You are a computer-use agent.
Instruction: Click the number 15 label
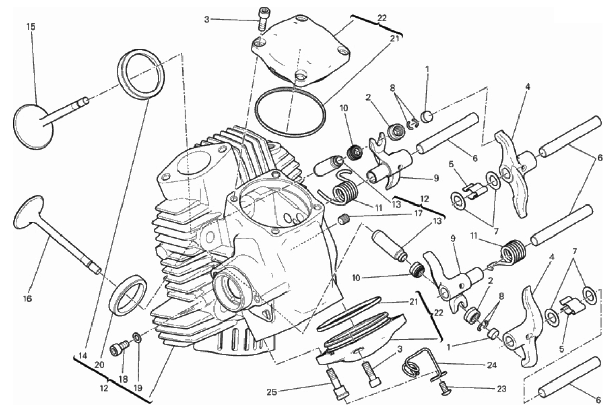coord(31,27)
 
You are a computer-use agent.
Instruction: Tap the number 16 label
coord(27,298)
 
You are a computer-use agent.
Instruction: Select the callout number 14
coord(83,356)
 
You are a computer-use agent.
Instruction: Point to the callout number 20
coord(99,365)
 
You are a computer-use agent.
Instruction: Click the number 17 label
coord(418,213)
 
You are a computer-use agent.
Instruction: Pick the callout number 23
coord(501,389)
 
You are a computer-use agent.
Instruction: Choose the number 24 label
coord(492,365)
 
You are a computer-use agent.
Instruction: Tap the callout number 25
coord(272,392)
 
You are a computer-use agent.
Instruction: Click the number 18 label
coord(124,379)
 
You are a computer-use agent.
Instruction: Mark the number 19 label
coord(138,388)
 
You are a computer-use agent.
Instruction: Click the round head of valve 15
coord(33,126)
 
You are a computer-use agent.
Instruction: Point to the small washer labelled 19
coord(137,337)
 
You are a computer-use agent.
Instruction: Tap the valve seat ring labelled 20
coord(128,296)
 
